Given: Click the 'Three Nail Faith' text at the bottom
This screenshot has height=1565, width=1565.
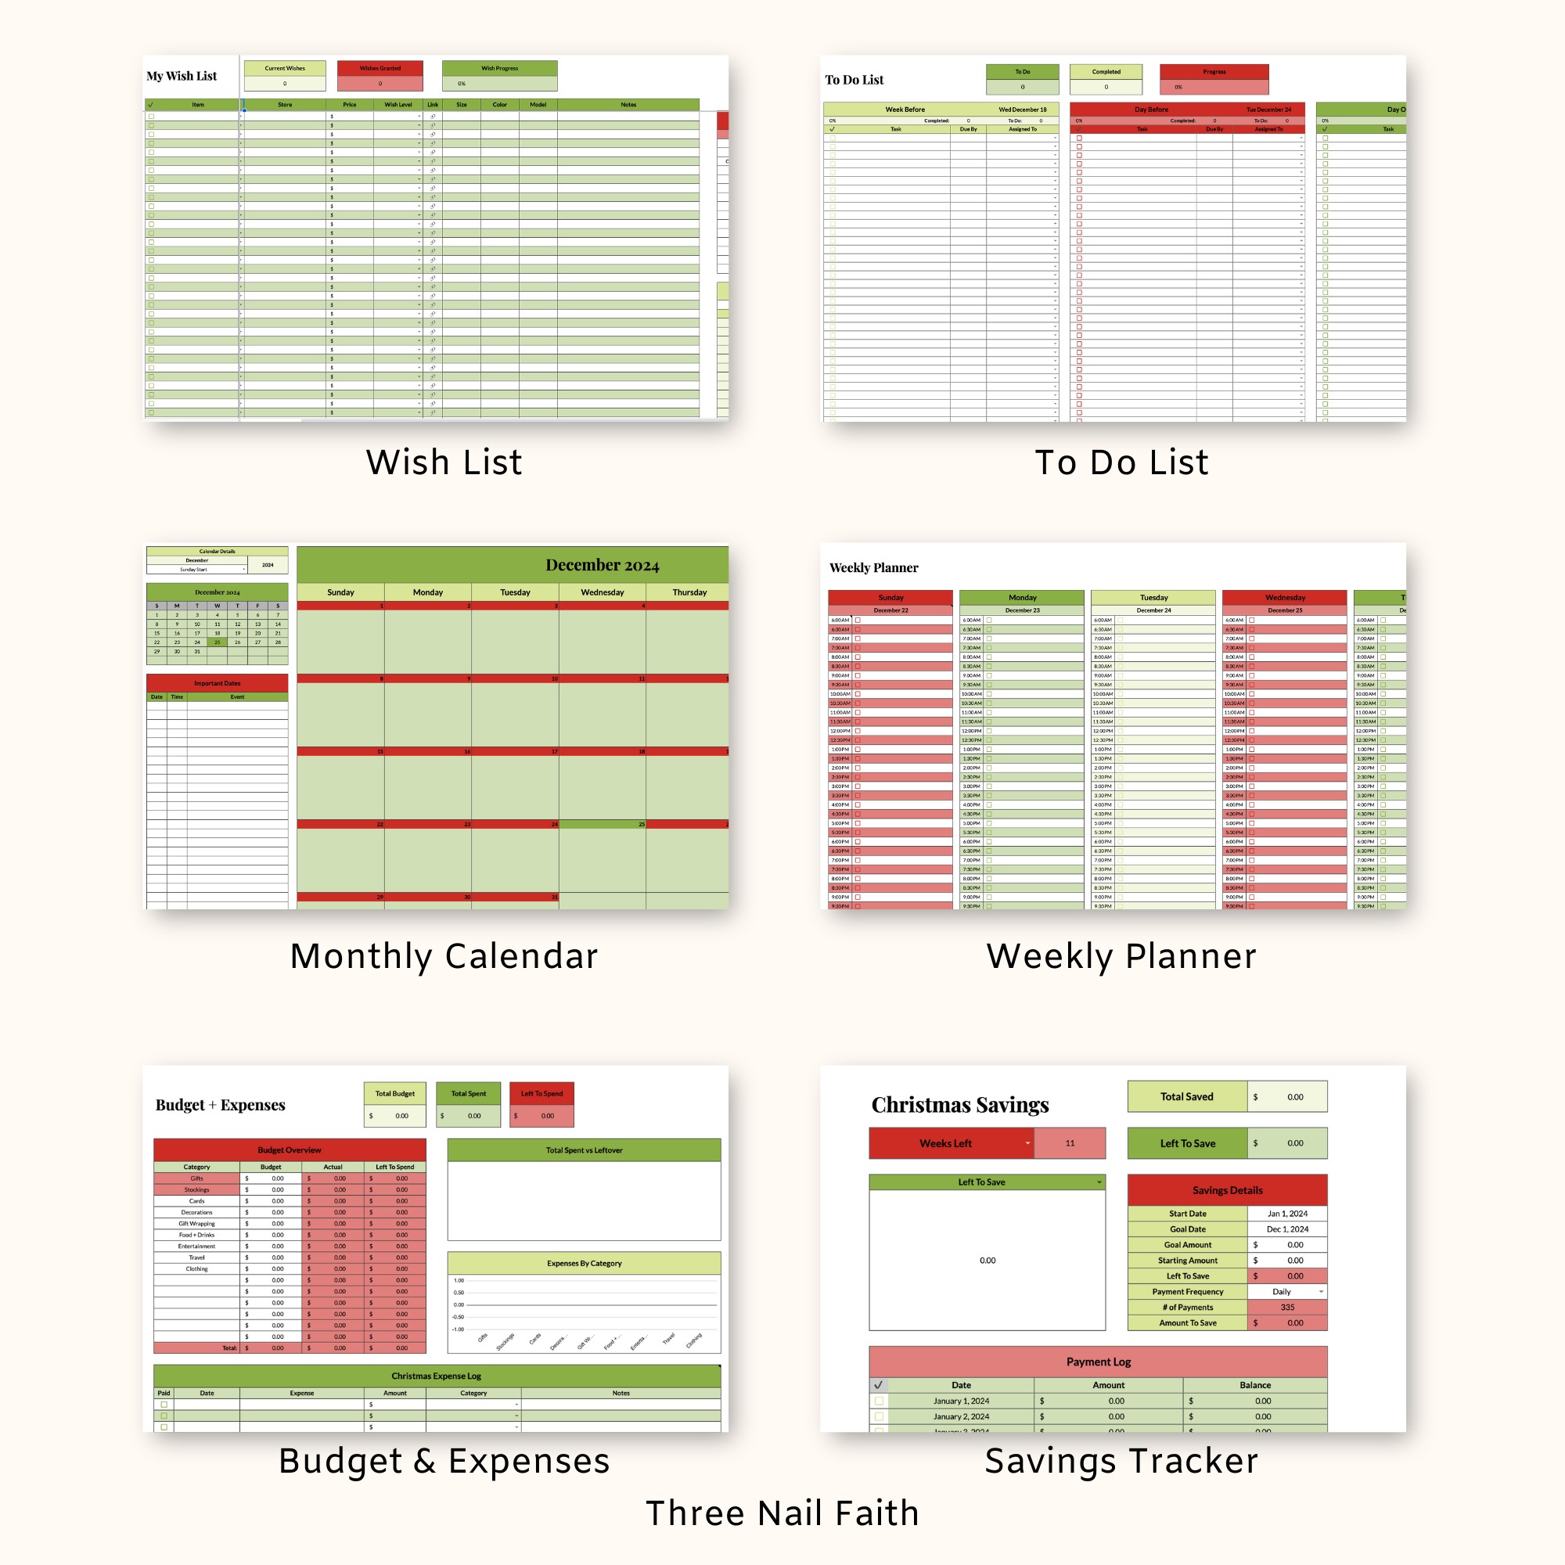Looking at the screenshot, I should (782, 1513).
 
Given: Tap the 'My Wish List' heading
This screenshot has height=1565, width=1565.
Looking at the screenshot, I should (182, 76).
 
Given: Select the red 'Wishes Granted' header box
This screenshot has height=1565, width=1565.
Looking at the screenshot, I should (380, 68).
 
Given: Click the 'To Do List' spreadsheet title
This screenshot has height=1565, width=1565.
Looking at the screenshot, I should (854, 79).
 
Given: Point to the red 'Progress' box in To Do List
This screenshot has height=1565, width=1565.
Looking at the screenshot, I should (1214, 72).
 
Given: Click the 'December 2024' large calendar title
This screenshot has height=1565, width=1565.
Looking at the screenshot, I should (602, 565).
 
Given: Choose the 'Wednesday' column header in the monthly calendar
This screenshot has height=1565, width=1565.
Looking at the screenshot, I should (602, 592).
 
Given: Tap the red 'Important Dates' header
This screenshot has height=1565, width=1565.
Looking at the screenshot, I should (217, 683).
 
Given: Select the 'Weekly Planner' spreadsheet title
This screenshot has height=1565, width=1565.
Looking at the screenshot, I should (873, 568).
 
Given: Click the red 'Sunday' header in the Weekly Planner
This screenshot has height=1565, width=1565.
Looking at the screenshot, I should (890, 598).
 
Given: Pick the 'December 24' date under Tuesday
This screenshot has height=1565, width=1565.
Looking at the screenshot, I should (1153, 610).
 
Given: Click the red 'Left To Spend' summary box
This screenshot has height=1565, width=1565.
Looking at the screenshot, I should (541, 1094).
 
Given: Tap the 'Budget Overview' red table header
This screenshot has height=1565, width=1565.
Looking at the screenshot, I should (290, 1150).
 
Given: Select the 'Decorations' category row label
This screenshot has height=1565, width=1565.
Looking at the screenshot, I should (197, 1213).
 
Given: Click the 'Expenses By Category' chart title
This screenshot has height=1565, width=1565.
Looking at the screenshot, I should (584, 1263).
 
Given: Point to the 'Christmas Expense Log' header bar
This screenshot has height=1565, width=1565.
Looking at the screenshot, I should (437, 1376).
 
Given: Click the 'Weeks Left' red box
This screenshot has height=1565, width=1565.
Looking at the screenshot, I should (945, 1143).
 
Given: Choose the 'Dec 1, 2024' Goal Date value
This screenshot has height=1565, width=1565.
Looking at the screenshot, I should (1287, 1229).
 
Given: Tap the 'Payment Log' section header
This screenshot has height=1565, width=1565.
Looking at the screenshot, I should (1098, 1362).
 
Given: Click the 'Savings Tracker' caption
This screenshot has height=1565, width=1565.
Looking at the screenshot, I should (1121, 1460).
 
